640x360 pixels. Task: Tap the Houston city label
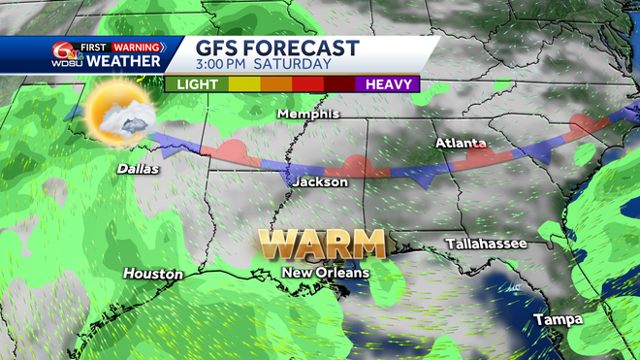(x=153, y=275)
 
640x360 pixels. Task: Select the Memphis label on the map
(x=307, y=114)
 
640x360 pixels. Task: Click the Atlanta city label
(x=455, y=144)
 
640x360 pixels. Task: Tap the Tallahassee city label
(x=485, y=243)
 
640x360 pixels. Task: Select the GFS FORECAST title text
(x=277, y=49)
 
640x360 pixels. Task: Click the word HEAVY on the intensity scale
(x=389, y=84)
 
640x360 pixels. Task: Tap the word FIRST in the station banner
(x=95, y=47)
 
